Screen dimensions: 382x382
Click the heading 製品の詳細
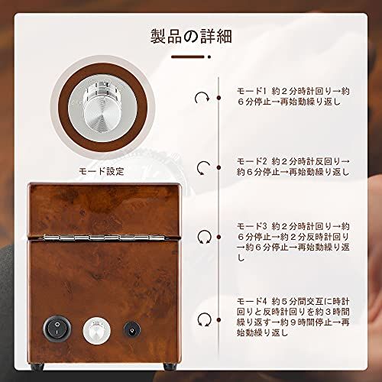(190, 36)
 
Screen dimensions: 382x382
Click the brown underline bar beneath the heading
(190, 56)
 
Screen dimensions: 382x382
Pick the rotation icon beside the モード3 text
(203, 236)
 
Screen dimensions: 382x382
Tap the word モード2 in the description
(254, 162)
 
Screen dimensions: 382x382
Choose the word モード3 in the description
(254, 225)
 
